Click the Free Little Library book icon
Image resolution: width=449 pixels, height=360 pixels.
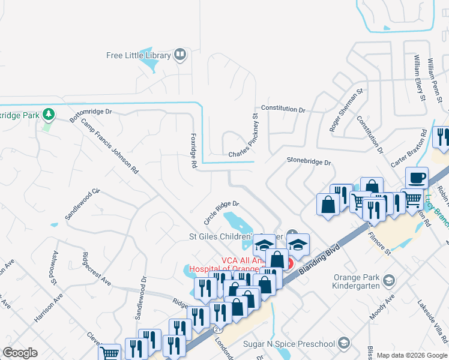179,55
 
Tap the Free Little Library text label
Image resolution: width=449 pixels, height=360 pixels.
139,56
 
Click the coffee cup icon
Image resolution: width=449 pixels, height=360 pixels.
417,178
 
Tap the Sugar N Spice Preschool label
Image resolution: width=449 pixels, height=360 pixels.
289,344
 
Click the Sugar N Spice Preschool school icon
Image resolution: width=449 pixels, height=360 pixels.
343,343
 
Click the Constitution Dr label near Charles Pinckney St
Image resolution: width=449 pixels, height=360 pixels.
283,110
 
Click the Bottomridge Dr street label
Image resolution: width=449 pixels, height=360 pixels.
91,115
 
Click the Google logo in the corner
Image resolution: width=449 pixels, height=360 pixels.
20,353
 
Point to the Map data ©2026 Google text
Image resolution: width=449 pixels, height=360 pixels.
412,355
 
